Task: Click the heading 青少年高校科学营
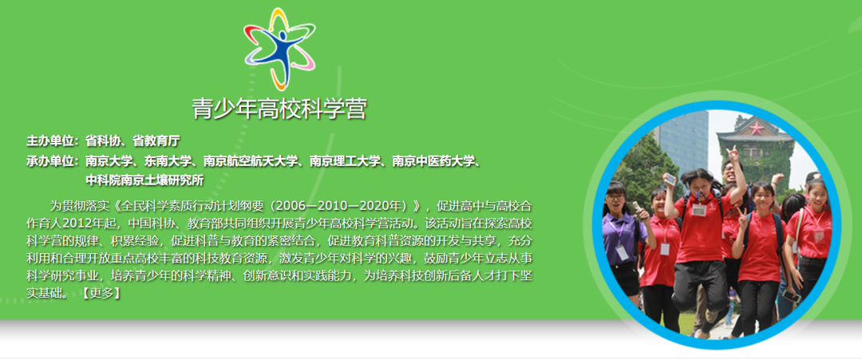pos(279,109)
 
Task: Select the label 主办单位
pos(50,140)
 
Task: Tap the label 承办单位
pos(50,161)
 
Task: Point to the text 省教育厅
pos(156,140)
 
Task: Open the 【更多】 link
pos(101,293)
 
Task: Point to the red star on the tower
pos(757,129)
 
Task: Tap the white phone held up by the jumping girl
pos(670,179)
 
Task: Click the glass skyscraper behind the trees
pos(682,142)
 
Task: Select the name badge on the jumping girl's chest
pos(698,209)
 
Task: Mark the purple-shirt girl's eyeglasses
pos(616,197)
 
